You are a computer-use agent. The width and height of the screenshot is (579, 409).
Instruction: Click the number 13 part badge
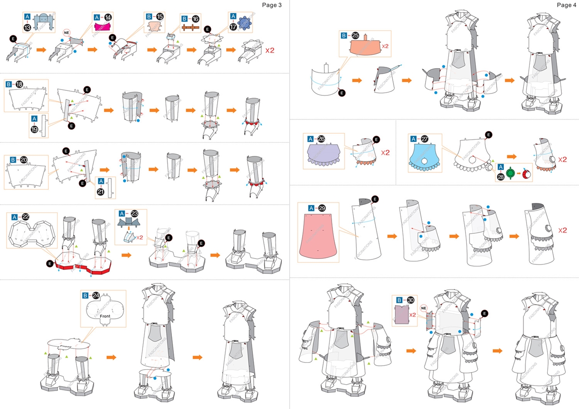click(28, 28)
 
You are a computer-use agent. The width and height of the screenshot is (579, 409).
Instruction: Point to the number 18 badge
click(19, 85)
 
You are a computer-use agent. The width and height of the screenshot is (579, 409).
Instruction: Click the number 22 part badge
click(26, 217)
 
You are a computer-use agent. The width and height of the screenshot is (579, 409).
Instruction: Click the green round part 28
click(511, 174)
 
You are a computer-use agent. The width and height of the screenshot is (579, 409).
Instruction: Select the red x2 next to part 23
click(140, 237)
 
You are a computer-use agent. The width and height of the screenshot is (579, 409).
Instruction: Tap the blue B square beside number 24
click(85, 295)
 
